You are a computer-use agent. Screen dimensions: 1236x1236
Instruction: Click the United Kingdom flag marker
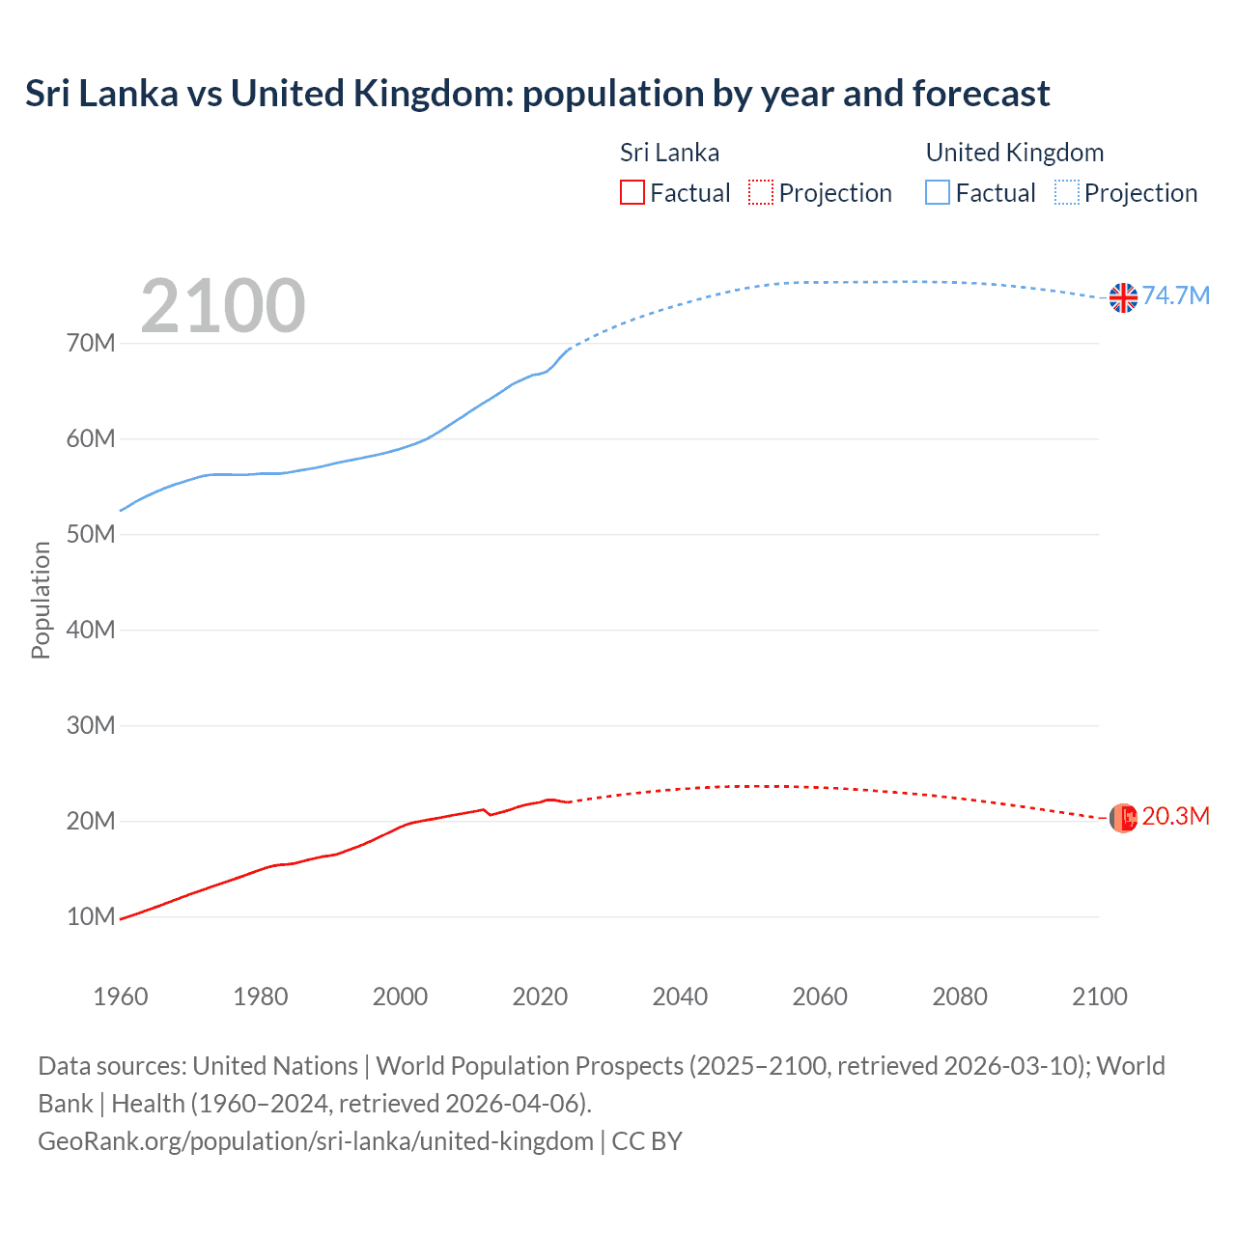click(x=1123, y=297)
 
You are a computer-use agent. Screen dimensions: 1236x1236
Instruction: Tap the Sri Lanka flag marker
click(x=1123, y=818)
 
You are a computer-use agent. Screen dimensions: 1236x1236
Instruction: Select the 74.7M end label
click(x=1175, y=295)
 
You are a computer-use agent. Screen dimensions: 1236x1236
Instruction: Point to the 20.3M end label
click(x=1175, y=816)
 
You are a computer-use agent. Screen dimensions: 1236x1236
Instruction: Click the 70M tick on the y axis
click(x=91, y=343)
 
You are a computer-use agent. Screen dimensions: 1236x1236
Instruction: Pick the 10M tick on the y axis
click(x=91, y=916)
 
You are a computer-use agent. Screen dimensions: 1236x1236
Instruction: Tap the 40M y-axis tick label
click(x=91, y=630)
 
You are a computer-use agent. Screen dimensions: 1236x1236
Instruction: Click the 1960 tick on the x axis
click(x=121, y=997)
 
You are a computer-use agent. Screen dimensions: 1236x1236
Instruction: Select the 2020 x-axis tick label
click(x=540, y=997)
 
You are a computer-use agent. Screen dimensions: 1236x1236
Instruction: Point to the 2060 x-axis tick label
click(x=820, y=997)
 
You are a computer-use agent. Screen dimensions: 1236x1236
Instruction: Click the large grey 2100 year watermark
click(x=223, y=306)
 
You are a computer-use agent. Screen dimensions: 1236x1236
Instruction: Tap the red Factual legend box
click(x=632, y=192)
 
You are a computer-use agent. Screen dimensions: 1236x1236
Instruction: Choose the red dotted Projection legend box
click(x=761, y=192)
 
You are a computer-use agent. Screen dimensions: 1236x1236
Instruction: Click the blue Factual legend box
click(x=938, y=192)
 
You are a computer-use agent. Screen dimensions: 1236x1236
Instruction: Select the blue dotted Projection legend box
click(x=1067, y=192)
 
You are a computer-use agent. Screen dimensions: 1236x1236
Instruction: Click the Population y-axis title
click(x=41, y=600)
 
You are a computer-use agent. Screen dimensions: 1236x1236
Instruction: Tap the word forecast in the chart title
click(x=981, y=94)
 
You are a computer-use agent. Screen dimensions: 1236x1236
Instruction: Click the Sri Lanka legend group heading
click(x=669, y=153)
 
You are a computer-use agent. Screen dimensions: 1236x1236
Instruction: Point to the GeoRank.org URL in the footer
click(x=316, y=1140)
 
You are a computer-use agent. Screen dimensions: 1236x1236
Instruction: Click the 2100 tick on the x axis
click(x=1099, y=997)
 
